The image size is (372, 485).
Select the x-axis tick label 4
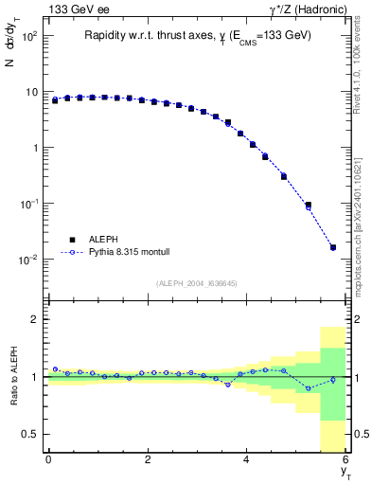(246, 459)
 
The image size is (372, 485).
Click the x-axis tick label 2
(148, 459)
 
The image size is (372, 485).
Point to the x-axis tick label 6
(345, 459)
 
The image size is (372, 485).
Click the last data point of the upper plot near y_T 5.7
(332, 247)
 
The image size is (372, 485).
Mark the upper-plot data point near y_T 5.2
(308, 205)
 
